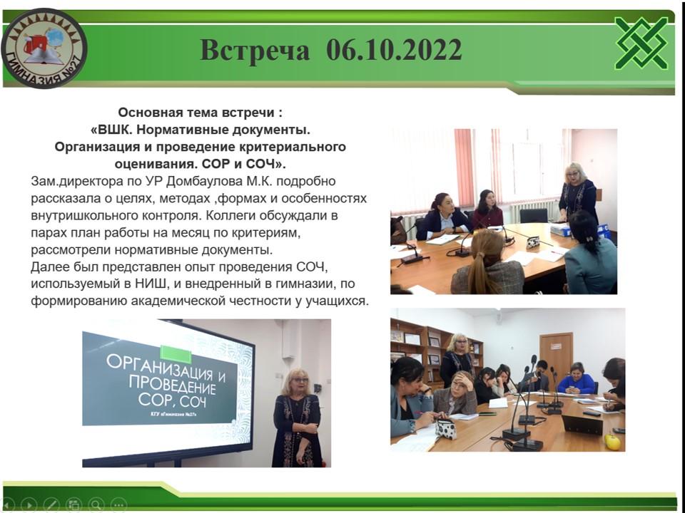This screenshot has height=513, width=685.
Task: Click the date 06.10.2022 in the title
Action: [394, 50]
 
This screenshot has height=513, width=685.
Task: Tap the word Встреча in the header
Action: [255, 50]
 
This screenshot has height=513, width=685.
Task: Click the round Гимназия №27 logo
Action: [44, 48]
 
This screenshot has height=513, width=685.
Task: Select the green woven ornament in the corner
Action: [641, 43]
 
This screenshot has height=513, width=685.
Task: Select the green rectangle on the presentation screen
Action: [176, 354]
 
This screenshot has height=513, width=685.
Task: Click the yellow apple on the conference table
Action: [612, 442]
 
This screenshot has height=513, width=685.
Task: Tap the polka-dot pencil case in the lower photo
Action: [445, 428]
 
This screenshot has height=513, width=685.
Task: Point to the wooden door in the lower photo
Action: [556, 358]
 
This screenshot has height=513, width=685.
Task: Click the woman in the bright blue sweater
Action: [577, 379]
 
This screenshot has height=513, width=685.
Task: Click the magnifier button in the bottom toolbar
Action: [96, 504]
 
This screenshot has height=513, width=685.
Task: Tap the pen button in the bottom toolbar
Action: [51, 505]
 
